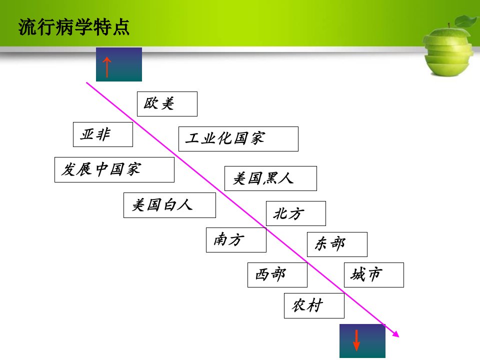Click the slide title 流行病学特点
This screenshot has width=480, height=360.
[74, 27]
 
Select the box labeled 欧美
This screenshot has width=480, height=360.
[167, 104]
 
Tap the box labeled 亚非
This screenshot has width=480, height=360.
[103, 134]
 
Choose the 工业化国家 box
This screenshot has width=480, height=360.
[238, 139]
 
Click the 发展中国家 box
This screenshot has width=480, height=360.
[114, 169]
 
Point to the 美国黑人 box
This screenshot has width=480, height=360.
[270, 178]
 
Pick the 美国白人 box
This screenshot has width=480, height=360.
[169, 205]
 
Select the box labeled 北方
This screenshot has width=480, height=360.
[296, 213]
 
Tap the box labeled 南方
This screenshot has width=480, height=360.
[236, 240]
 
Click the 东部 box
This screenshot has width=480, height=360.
[337, 244]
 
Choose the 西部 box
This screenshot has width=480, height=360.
[277, 275]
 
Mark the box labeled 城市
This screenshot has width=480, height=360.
[374, 275]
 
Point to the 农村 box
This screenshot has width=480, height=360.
[314, 305]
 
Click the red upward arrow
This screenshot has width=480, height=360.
[106, 67]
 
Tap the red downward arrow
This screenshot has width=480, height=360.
[356, 340]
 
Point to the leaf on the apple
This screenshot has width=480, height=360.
[466, 21]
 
